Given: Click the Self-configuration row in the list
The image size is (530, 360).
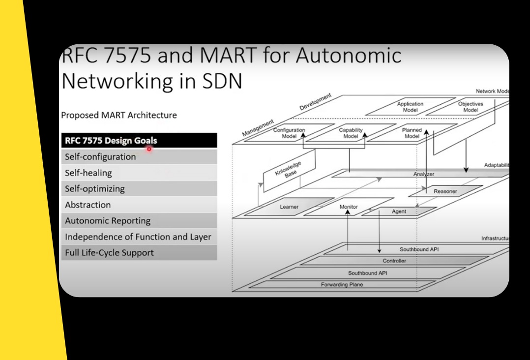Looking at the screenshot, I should coord(138,157).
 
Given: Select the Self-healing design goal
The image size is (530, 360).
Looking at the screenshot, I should coord(138,173).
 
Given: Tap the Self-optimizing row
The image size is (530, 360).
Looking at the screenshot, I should coord(138,188).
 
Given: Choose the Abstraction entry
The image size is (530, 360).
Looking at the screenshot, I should coord(138,205).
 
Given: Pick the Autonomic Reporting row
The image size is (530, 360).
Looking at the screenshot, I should coord(138,221).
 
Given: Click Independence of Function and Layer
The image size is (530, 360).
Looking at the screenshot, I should coord(138,237).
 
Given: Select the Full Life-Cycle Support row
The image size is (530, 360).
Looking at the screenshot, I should coord(138,253).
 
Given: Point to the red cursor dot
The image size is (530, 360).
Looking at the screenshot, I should coord(149,149).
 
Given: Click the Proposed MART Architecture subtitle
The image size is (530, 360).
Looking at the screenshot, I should coord(118,116).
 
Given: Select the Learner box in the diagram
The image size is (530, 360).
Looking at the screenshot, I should coord(289,207).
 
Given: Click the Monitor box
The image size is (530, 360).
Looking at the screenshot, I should coord(349,207).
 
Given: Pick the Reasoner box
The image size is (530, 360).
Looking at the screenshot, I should coord(445,191).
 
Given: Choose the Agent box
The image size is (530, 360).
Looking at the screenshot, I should coord(399,211).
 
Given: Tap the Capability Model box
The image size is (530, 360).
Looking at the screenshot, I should coord(351,133).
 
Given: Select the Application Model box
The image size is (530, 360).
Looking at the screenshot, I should coord(410,107).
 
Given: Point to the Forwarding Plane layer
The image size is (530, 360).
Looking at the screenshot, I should coord(342,284).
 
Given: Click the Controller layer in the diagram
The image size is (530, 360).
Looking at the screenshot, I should coord(394,261).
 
